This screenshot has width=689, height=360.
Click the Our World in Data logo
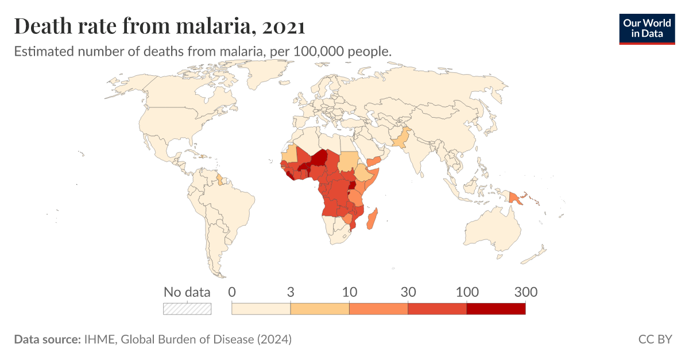pyautogui.click(x=647, y=29)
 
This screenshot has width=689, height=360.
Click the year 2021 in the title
pyautogui.click(x=281, y=26)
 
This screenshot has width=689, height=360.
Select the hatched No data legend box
pyautogui.click(x=187, y=309)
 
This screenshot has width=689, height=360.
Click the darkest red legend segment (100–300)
pyautogui.click(x=496, y=309)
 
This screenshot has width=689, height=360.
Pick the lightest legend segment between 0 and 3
pyautogui.click(x=261, y=309)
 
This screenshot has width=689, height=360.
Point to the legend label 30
pyautogui.click(x=408, y=292)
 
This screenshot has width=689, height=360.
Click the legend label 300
pyautogui.click(x=525, y=292)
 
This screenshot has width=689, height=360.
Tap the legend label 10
pyautogui.click(x=349, y=292)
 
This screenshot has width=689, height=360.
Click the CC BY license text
pyautogui.click(x=655, y=339)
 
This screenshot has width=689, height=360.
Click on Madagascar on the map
pyautogui.click(x=372, y=219)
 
